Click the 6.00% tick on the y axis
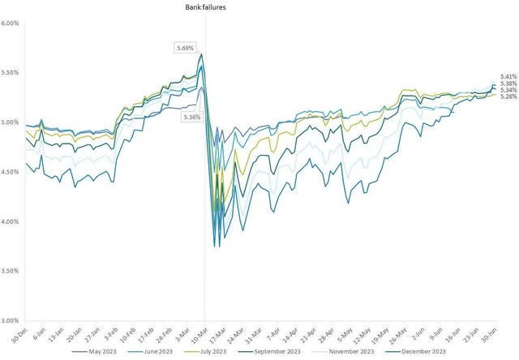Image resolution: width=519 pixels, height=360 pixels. tap(11, 24)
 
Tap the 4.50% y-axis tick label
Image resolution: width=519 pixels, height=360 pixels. tap(11, 172)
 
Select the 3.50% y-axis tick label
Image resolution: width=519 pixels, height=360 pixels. tap(11, 271)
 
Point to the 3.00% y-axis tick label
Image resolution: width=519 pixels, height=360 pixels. tap(11, 320)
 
